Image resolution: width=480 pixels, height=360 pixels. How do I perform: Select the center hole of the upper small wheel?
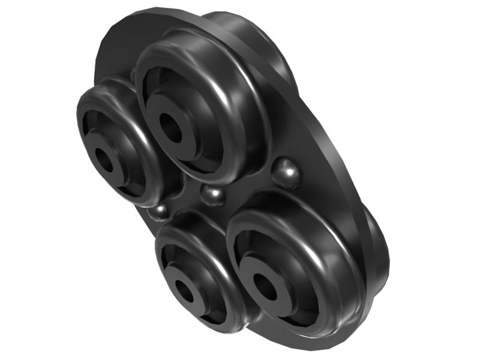tap(106, 160)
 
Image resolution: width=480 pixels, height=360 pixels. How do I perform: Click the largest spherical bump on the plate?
tap(286, 173)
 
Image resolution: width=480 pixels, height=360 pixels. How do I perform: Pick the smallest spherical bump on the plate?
tap(160, 211)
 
